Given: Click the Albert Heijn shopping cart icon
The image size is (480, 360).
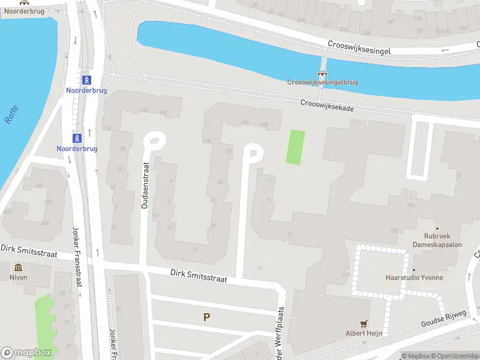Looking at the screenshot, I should [x=364, y=323].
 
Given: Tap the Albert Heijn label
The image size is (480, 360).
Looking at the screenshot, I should [x=364, y=333].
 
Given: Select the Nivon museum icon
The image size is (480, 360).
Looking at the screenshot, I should [x=18, y=268].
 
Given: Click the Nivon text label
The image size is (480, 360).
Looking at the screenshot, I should [x=18, y=278].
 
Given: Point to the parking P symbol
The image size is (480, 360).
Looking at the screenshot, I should [x=207, y=317].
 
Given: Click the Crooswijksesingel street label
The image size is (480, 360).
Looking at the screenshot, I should [x=359, y=48].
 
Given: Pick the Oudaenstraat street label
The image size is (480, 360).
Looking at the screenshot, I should [x=145, y=185].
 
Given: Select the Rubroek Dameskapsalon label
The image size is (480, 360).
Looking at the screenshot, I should [x=437, y=240].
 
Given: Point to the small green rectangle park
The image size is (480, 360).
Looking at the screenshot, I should [x=295, y=146].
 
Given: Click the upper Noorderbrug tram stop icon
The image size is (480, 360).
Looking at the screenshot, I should [x=88, y=80].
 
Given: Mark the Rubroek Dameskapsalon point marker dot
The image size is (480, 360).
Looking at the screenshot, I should [x=437, y=229].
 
